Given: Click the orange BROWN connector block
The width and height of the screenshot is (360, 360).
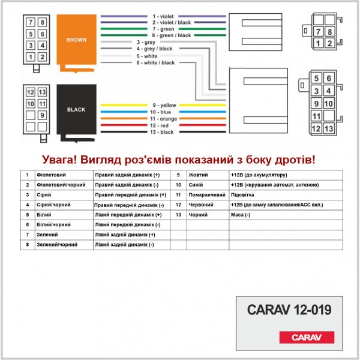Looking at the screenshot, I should [x=76, y=41].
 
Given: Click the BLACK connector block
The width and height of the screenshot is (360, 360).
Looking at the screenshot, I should [x=76, y=110].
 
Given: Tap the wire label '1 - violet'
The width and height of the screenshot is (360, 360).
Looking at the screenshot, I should [x=163, y=16].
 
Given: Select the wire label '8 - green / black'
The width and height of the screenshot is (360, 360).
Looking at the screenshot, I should [x=171, y=35].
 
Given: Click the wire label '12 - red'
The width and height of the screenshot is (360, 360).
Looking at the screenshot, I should [x=162, y=125].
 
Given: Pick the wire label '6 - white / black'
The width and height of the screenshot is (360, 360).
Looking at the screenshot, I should [x=155, y=62].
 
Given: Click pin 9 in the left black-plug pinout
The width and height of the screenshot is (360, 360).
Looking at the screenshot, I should [x=43, y=115].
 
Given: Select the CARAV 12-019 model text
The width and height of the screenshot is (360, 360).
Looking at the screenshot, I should [x=289, y=310].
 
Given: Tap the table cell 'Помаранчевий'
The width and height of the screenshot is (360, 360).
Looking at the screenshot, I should [x=206, y=195].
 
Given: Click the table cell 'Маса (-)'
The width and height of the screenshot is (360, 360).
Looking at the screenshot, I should [x=240, y=215].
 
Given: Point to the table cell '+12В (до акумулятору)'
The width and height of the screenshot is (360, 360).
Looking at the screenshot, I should [x=258, y=175].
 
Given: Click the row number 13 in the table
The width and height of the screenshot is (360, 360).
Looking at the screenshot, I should [x=178, y=215].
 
